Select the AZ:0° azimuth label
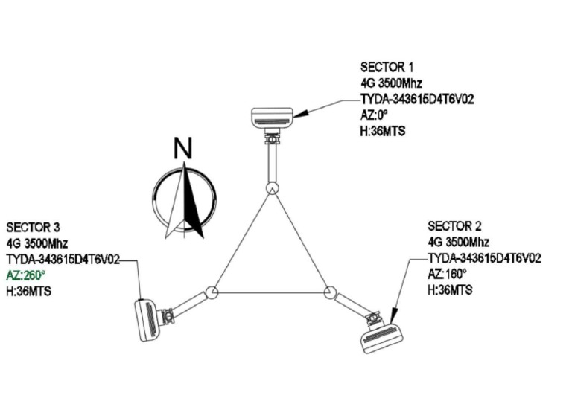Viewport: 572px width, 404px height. pos(373,116)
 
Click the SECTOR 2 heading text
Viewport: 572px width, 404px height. pos(454,225)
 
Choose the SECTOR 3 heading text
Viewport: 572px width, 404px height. pos(33,226)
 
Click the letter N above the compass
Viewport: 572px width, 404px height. pos(182,148)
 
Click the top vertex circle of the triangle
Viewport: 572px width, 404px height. pos(273,188)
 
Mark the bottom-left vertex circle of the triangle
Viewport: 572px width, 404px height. pos(212,292)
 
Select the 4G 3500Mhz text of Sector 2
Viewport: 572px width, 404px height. pos(458,242)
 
